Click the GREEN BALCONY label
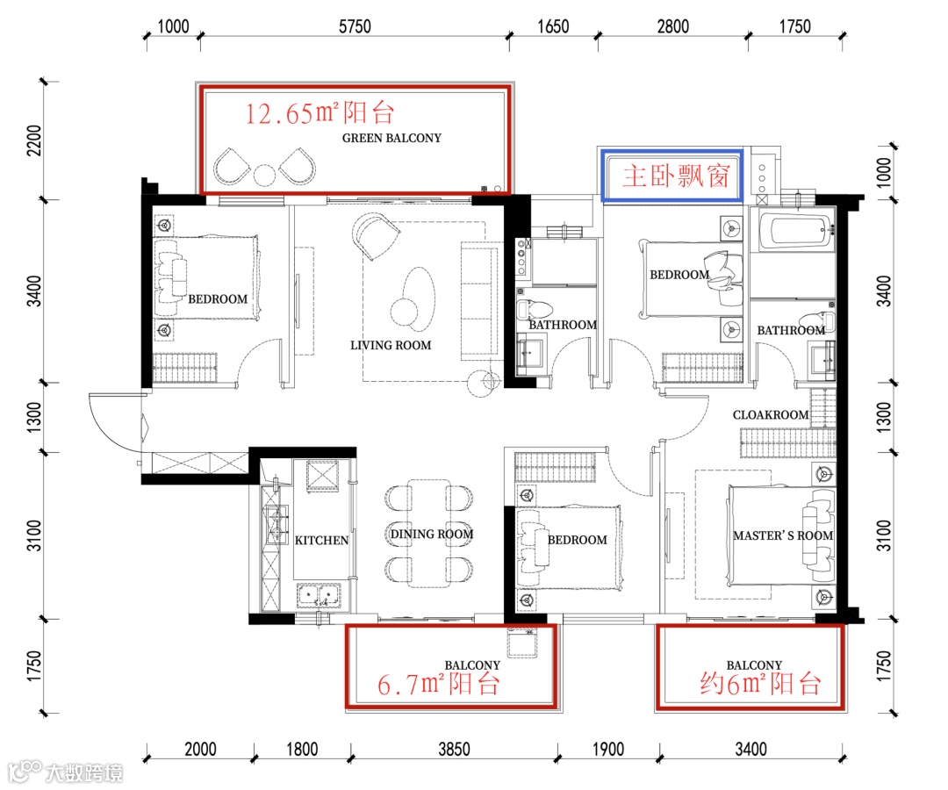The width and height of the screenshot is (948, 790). [x=391, y=138]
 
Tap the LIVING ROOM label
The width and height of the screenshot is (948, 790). [x=391, y=345]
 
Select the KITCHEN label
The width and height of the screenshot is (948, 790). [x=321, y=541]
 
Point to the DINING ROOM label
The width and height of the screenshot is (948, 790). [x=432, y=535]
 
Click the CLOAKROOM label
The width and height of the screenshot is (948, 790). [x=771, y=415]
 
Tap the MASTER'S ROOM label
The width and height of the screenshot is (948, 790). [x=783, y=535]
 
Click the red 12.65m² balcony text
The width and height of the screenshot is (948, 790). [x=320, y=113]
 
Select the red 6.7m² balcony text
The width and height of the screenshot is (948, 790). [x=439, y=684]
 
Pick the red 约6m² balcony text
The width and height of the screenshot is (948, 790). [x=760, y=684]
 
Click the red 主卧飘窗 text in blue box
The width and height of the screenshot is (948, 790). [x=677, y=176]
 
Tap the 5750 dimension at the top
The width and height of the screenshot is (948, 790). [x=355, y=26]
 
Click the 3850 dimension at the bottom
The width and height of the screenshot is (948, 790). [x=454, y=749]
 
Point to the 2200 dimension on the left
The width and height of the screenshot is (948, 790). [x=34, y=140]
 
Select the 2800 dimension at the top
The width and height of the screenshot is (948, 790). [x=673, y=26]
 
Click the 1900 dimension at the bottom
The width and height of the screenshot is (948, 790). [x=607, y=749]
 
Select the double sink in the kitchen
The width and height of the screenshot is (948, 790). [x=319, y=595]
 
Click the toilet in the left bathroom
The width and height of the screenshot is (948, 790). [x=535, y=310]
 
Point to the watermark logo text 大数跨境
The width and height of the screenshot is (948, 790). [x=84, y=773]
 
